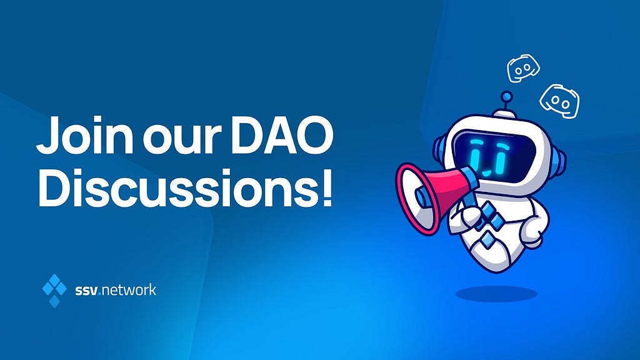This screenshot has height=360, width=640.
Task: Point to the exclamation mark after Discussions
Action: click(324, 187)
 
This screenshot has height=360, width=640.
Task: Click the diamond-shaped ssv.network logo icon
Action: click(54, 290)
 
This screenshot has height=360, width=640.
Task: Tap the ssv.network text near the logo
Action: click(116, 290)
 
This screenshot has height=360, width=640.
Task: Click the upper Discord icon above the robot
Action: click(523, 67)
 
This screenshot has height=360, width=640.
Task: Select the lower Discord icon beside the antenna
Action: click(559, 101)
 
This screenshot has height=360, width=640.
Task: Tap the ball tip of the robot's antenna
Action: click(506, 97)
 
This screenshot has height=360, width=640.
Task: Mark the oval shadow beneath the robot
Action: click(496, 294)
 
